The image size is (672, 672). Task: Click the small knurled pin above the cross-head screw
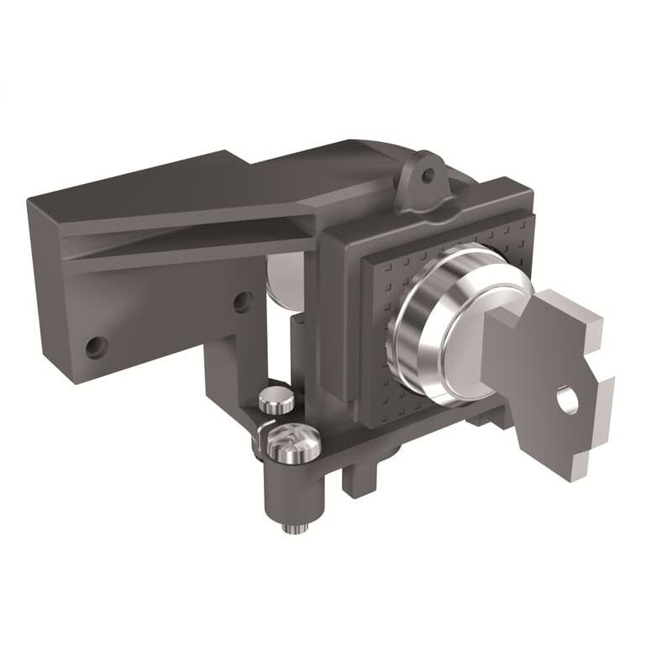(x=276, y=400)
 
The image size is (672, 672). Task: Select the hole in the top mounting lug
(x=428, y=176)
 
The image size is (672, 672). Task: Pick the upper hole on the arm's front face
(x=242, y=301)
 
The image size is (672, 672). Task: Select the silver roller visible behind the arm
(x=286, y=277)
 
